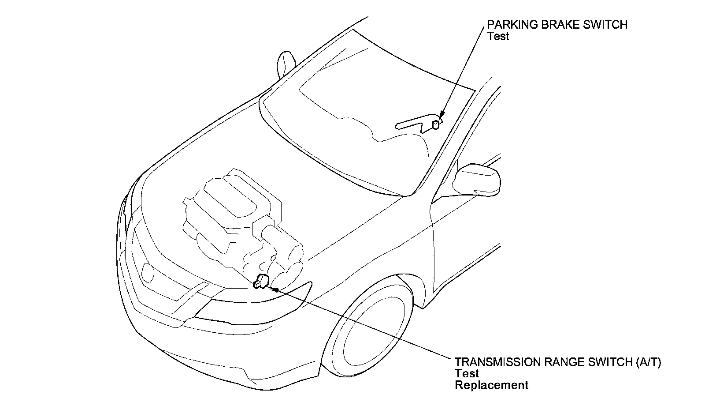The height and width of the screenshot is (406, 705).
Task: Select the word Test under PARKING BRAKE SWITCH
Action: (x=498, y=36)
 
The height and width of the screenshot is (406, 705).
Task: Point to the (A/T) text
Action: (x=648, y=362)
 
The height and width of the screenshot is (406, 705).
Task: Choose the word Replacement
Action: (x=491, y=385)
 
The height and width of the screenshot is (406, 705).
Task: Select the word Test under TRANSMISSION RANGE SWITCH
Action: (x=467, y=373)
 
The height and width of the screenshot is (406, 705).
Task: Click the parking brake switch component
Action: (x=435, y=125)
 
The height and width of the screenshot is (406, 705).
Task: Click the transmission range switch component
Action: (x=261, y=281)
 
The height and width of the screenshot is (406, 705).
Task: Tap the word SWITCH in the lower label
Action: (x=610, y=362)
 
